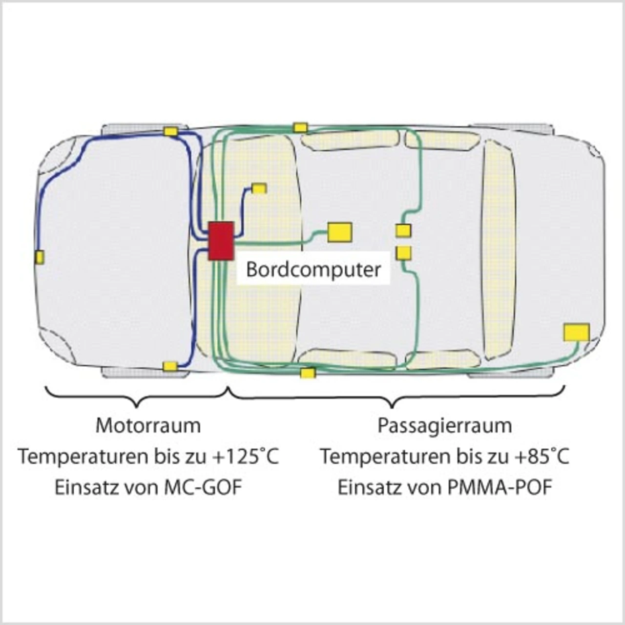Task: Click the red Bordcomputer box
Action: pos(221,241)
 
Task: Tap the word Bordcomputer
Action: pos(313,269)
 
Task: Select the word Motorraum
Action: pos(148,425)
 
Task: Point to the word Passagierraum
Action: pos(445,425)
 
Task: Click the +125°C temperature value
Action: pos(246,457)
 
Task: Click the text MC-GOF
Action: pos(208,488)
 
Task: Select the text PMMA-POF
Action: pos(500,488)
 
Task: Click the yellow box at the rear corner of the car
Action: pos(576,332)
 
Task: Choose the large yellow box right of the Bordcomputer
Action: pos(340,232)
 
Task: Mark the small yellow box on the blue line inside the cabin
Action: pos(259,188)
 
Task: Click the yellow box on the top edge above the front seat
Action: pos(300,127)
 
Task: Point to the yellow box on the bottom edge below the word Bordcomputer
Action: pos(308,374)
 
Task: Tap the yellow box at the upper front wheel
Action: pos(170,131)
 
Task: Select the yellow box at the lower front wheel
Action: pos(170,366)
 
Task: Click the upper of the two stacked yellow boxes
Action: pos(403,230)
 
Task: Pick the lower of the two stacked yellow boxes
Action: pos(404,253)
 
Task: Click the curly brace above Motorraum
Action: pos(137,396)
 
